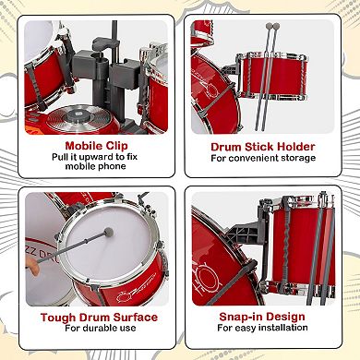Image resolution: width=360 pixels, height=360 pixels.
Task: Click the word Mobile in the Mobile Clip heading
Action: click(83, 146)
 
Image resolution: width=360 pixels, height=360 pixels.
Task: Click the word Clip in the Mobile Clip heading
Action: click(116, 146)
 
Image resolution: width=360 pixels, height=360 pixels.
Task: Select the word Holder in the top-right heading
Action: click(296, 147)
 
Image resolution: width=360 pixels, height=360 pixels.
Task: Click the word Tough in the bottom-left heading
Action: click(58, 318)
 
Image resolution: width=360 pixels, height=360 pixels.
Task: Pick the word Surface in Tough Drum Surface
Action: click(136, 318)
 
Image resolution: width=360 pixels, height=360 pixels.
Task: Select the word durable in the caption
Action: click(98, 329)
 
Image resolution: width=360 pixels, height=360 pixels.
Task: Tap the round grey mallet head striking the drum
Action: click(109, 232)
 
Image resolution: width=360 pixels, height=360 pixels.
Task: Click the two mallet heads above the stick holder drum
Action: click(273, 26)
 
